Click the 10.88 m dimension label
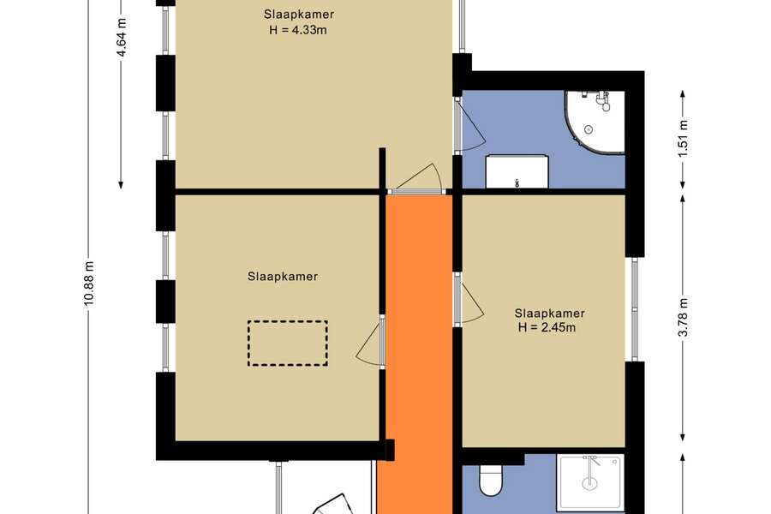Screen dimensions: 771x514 (88, 284)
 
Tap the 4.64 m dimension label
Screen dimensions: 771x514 (122, 38)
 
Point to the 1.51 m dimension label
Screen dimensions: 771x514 (683, 139)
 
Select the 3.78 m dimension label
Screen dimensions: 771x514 (683, 318)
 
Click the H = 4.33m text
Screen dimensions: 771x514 (298, 30)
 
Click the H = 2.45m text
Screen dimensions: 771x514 (547, 327)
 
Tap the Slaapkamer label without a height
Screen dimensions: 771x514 (283, 277)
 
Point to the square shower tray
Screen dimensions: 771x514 (590, 482)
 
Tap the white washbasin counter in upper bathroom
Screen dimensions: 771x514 (517, 171)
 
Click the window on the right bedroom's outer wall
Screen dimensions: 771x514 (634, 309)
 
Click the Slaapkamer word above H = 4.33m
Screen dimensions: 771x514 (298, 15)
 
